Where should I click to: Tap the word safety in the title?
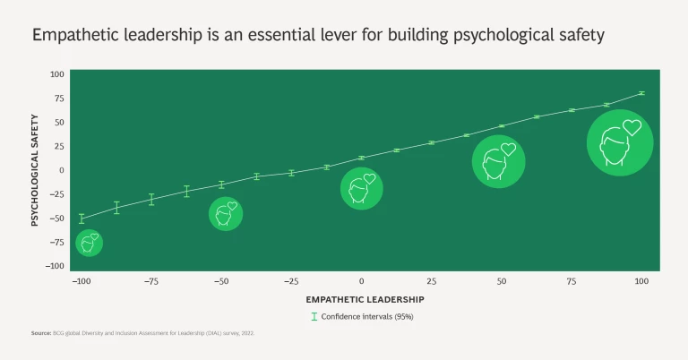point(581,37)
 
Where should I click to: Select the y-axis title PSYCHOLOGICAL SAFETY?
point(35,169)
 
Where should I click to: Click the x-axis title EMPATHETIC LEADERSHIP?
point(365,298)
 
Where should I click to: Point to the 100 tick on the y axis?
point(57,74)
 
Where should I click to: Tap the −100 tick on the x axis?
point(81,281)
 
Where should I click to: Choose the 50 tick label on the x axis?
point(502,281)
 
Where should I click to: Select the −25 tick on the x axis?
point(290,281)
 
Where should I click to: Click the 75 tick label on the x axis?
point(572,281)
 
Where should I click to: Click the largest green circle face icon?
point(619,141)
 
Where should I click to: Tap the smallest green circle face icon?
point(89,243)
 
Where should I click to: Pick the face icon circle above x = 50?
point(498,161)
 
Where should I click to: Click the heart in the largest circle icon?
point(632,127)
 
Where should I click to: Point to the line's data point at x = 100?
point(641,93)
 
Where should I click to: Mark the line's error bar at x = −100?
point(81,218)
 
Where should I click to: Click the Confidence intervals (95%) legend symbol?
point(314,316)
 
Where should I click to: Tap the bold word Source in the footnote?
point(41,334)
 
